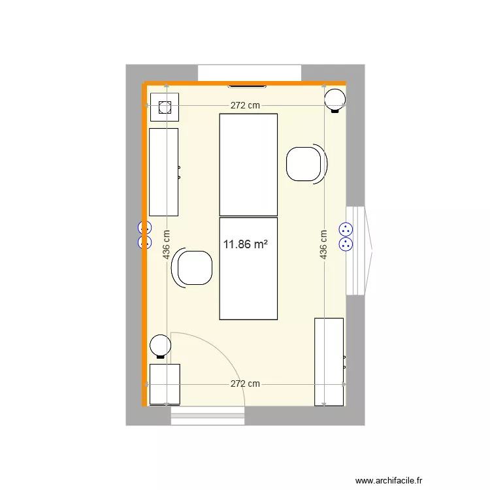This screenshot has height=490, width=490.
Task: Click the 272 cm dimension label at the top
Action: tap(245, 106)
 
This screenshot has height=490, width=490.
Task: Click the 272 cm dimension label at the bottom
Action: tap(245, 384)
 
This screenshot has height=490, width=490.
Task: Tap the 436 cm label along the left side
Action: tap(167, 244)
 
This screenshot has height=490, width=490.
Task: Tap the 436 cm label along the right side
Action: tap(323, 244)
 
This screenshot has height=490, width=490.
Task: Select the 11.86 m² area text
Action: tap(245, 245)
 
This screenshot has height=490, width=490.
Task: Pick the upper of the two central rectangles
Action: tap(248, 164)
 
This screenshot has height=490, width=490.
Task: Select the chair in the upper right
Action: tap(304, 164)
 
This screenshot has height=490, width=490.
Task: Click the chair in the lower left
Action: tap(194, 269)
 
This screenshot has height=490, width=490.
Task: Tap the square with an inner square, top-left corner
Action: tap(164, 106)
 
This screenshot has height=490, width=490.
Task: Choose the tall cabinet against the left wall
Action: tap(163, 172)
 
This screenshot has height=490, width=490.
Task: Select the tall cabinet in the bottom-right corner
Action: tap(329, 361)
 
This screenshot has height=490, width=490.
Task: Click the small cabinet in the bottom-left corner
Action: tap(165, 385)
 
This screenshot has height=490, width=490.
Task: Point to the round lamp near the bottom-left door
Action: tap(159, 344)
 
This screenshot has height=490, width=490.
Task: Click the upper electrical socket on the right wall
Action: tap(345, 229)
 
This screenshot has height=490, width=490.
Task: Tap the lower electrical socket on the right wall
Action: tap(345, 244)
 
